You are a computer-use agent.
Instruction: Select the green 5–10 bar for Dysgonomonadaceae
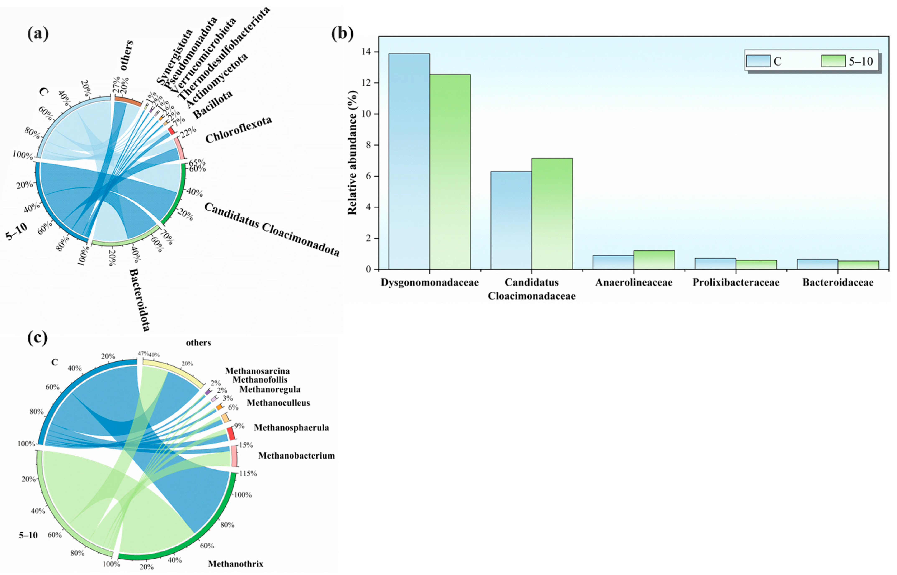pos(450,172)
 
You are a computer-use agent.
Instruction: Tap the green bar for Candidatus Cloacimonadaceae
pos(552,214)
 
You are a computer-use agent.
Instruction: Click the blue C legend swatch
pos(758,61)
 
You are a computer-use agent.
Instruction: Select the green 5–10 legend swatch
pos(833,61)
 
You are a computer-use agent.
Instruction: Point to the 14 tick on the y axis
pos(370,52)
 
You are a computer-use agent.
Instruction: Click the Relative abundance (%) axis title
pos(352,153)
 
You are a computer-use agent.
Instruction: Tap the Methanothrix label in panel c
pos(235,564)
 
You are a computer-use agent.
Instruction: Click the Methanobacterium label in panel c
pos(296,456)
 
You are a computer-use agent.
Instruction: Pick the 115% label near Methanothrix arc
pos(248,473)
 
